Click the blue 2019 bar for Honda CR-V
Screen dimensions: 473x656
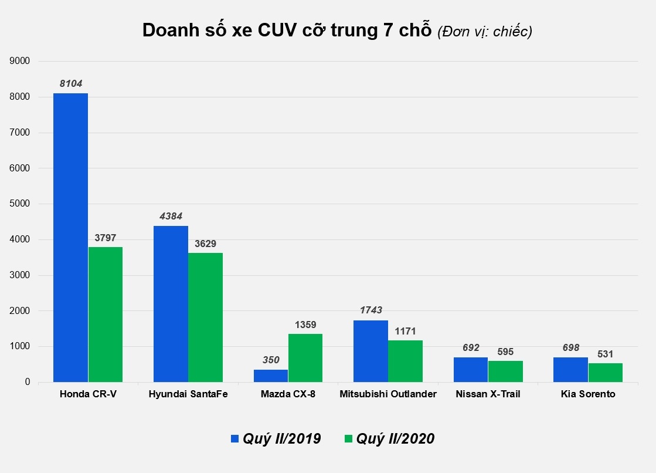(x=70, y=238)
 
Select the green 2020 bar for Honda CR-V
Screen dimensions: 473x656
(x=106, y=315)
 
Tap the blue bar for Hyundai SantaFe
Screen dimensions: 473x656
(x=171, y=304)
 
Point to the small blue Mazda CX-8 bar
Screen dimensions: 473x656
(x=270, y=376)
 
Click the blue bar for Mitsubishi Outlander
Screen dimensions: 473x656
(x=370, y=351)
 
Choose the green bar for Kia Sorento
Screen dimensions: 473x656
(x=606, y=373)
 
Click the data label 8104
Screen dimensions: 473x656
(x=71, y=84)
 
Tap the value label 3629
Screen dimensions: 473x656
(x=205, y=243)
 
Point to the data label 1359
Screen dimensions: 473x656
(x=305, y=324)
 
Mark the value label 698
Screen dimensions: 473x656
(x=570, y=348)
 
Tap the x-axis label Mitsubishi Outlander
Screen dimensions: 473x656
(x=388, y=394)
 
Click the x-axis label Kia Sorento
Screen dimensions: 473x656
(x=587, y=394)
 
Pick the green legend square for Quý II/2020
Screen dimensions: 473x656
(x=348, y=438)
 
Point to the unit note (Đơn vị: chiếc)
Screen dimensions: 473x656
(x=485, y=32)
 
